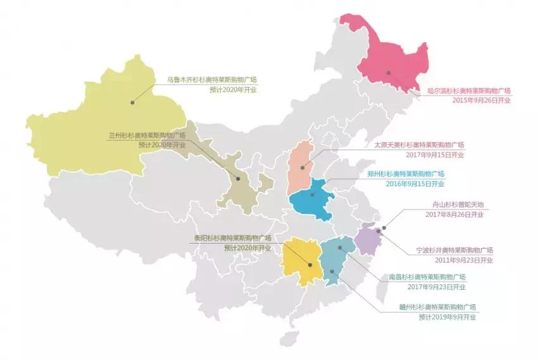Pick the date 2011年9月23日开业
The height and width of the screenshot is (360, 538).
click(x=464, y=259)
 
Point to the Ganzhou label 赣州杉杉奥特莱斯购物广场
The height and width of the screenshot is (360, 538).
click(x=439, y=307)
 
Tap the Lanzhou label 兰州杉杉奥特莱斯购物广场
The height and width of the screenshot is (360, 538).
click(x=146, y=135)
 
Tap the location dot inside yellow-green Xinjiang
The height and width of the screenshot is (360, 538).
click(x=133, y=101)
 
